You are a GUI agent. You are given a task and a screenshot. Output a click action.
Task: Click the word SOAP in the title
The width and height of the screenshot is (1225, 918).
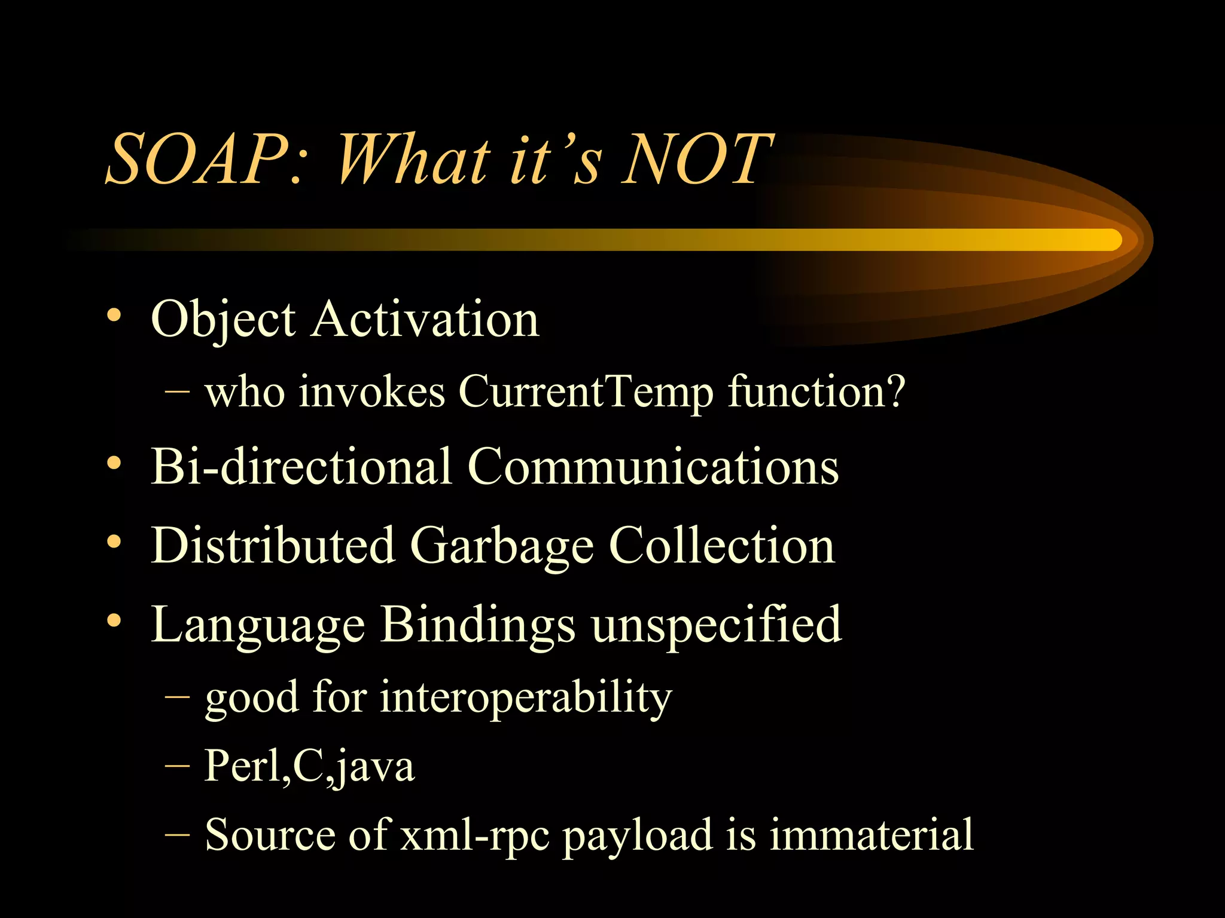pos(197,160)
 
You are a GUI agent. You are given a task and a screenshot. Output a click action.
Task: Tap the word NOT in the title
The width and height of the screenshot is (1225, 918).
pos(697,160)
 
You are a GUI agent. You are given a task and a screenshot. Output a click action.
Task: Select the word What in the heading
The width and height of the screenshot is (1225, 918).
pos(413,160)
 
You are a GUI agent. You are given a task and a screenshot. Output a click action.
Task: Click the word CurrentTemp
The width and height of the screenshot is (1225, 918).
pos(586,393)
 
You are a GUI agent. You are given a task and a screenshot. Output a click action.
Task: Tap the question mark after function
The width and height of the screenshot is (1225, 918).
pos(895,391)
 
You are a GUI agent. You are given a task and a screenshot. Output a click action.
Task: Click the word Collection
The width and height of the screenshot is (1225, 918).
pos(721,546)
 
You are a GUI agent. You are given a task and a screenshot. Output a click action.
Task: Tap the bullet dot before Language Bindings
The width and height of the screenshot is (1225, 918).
pos(114,621)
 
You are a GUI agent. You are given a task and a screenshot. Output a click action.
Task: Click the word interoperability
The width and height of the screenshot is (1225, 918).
pos(526,698)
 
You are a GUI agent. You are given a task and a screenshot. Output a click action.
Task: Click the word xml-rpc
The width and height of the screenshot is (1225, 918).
pos(475,835)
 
